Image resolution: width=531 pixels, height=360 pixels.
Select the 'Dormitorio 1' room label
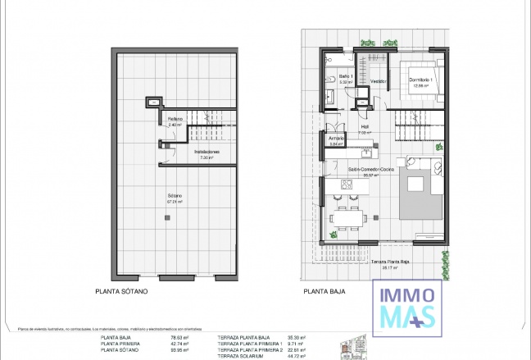421,80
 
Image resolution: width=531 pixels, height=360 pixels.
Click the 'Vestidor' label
378,81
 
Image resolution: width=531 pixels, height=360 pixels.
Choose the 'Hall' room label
365,127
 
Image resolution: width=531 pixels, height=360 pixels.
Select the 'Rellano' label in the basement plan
175,120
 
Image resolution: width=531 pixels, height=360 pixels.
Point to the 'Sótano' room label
174,196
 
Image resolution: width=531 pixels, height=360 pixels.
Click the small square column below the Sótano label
167,216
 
